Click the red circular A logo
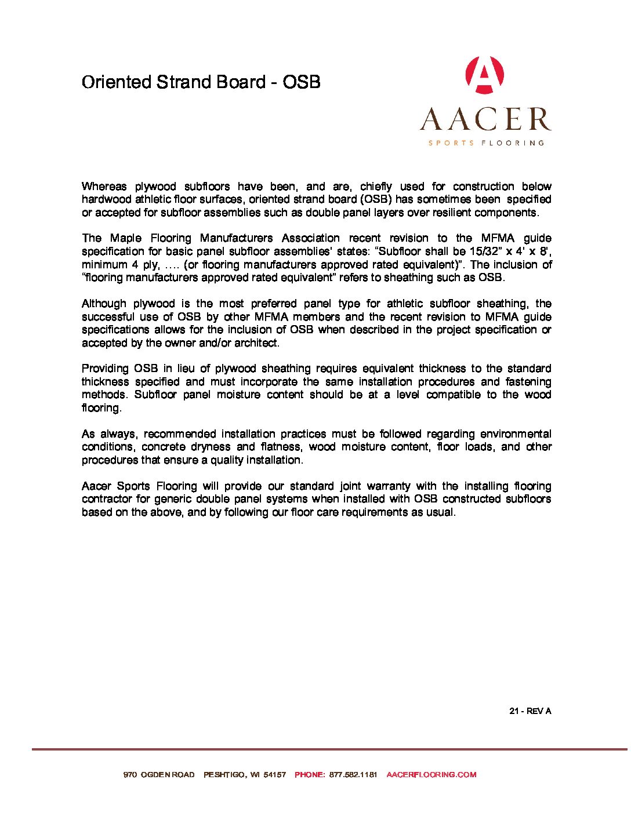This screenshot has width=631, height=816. pos(484,75)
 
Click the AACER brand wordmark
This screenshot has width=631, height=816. pos(485,119)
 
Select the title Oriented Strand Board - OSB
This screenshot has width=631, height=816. pos(201,82)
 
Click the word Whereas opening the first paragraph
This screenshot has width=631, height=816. pos(104,186)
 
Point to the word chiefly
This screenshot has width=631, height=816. pos(376,186)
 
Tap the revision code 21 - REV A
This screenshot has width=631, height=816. pos(530,711)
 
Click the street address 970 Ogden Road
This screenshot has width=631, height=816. pos(159,774)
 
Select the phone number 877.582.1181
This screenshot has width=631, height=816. pos(353,774)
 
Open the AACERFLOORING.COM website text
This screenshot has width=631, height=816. pos(431,774)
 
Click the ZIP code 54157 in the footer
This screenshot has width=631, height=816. pos(275,774)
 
